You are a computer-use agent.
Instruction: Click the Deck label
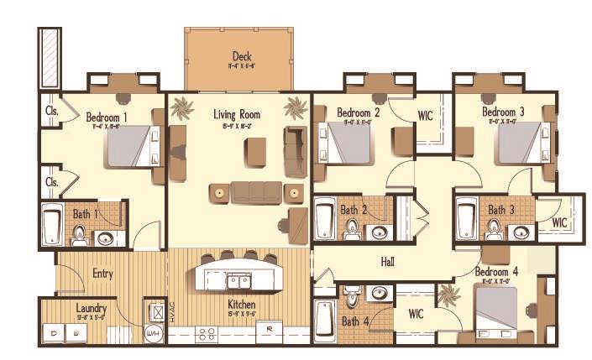coord(242,56)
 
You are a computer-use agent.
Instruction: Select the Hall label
coord(387,262)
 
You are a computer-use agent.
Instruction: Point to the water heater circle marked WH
coord(152,333)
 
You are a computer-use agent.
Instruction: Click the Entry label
coord(102,274)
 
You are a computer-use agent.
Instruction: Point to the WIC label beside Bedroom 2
coord(425,115)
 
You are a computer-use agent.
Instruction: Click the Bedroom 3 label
coord(504,112)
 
